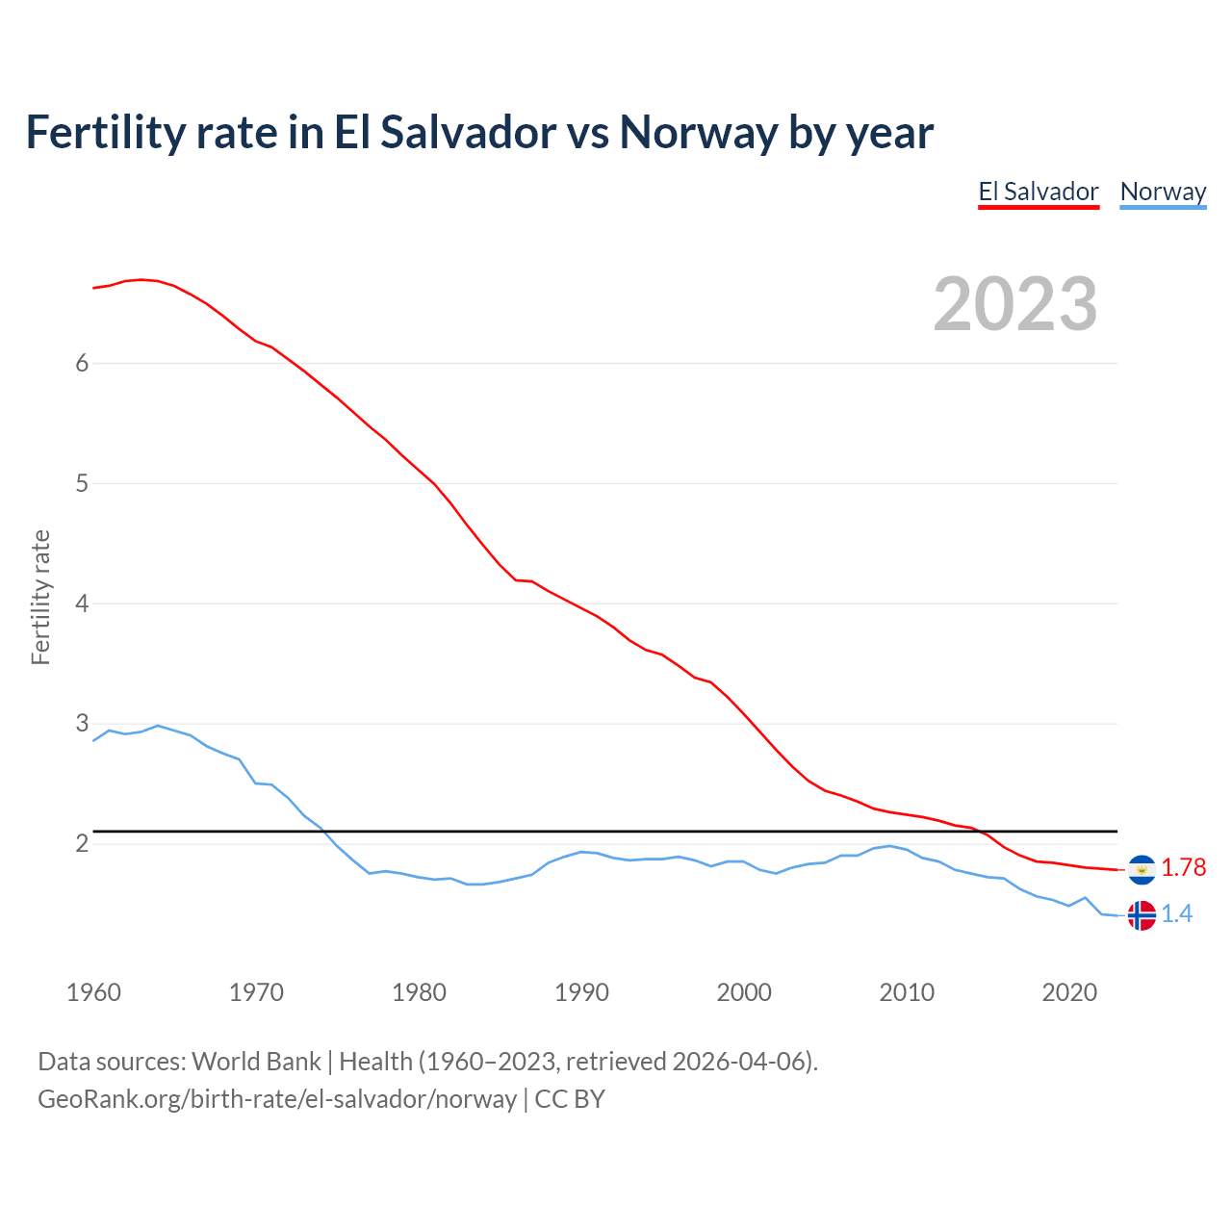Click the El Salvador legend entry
(x=1039, y=192)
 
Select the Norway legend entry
(x=1163, y=192)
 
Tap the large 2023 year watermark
(x=1015, y=304)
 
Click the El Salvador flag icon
(x=1142, y=869)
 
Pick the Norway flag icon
(x=1142, y=914)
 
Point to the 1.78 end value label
(x=1183, y=868)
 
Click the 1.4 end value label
(x=1176, y=914)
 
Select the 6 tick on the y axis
(x=82, y=363)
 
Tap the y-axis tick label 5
(x=82, y=483)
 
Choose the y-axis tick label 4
(x=82, y=603)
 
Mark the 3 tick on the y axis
(x=82, y=723)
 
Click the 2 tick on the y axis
(x=82, y=843)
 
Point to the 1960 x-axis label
(x=93, y=992)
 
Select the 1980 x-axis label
(x=419, y=992)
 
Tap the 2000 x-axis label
(x=744, y=992)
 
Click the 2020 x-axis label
(x=1069, y=992)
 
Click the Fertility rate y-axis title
(x=40, y=597)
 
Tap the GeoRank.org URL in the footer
(x=277, y=1099)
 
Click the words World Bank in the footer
(x=256, y=1062)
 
